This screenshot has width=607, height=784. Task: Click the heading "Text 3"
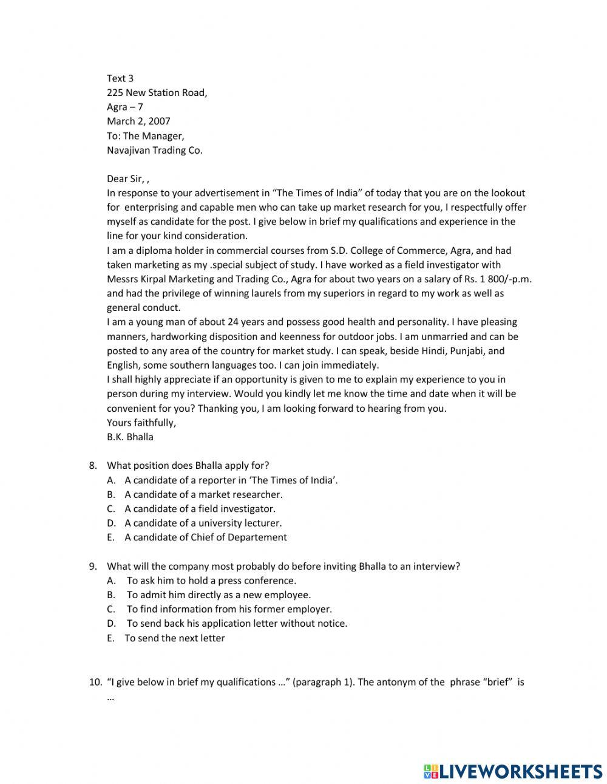coord(120,78)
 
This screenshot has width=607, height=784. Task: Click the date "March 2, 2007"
coord(138,121)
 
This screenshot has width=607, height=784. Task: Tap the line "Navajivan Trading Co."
coord(154,150)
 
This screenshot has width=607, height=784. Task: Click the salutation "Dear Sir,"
coord(126,179)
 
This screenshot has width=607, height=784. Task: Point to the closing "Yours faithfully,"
coord(141,423)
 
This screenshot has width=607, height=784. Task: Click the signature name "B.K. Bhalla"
coord(130,437)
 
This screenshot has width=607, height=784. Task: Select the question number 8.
coord(93,466)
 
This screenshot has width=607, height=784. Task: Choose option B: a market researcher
coord(203,494)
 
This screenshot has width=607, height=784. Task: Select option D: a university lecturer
coord(203,523)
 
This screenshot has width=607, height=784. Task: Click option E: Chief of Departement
coord(205,537)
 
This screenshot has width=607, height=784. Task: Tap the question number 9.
coord(93,567)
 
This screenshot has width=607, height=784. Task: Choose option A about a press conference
coord(211,581)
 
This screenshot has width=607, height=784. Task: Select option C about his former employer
coord(229,609)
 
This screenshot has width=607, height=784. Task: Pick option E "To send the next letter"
coord(174,638)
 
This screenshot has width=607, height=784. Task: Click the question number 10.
coord(95,682)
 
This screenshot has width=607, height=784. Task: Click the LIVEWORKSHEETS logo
coord(512,771)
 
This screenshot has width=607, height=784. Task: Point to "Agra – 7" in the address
coord(124,107)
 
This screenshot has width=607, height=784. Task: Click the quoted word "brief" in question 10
coord(497,682)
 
